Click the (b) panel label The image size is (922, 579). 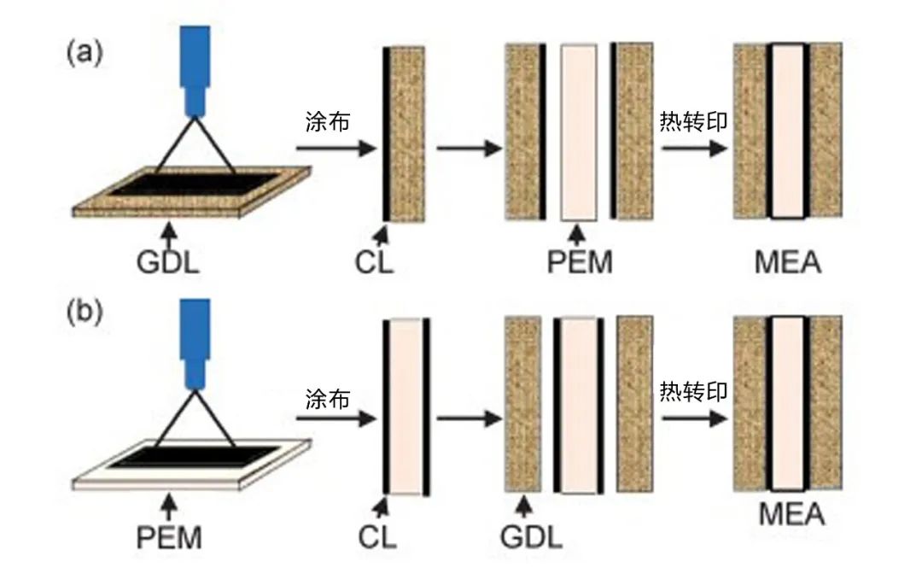85,310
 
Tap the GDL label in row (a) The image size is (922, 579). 168,260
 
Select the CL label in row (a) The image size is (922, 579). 375,260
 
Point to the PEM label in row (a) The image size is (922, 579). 580,260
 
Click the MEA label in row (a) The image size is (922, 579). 787,260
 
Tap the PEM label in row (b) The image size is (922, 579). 168,538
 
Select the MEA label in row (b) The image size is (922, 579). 791,516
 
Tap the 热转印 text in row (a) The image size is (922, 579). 693,122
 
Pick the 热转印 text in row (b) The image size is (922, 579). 693,392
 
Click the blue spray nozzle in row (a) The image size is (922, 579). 195,68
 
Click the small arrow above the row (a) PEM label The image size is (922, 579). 580,231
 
